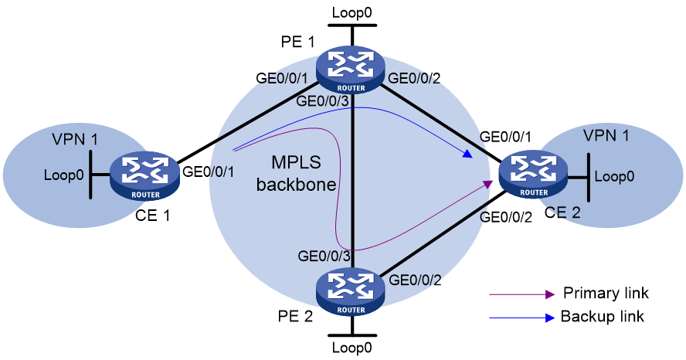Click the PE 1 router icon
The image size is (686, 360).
pos(351,70)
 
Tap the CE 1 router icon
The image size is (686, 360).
pos(144,177)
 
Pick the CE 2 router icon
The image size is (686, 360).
pos(533,175)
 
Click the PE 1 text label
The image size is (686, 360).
pos(297,42)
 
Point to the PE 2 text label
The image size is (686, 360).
pos(295,316)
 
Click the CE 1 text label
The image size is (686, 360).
pos(152,216)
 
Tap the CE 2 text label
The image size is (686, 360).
pos(562,212)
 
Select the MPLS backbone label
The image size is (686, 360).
pos(296,174)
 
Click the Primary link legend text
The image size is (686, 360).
pos(606,293)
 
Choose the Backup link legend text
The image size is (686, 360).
pos(602,316)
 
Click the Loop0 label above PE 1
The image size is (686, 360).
pos(351,12)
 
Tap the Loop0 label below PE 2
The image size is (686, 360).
pos(351,348)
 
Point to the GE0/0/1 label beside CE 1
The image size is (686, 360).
pos(209,171)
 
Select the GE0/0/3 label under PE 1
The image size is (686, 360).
pos(322,101)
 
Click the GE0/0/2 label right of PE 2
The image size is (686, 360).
pos(415,280)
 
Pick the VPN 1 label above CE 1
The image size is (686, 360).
pos(75,139)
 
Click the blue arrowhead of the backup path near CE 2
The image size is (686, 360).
pos(469,155)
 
